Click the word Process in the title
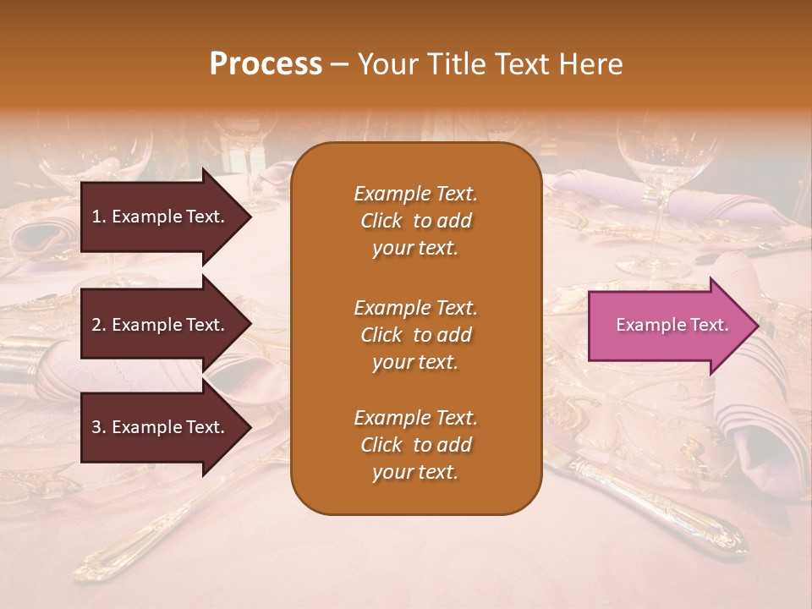pyautogui.click(x=266, y=64)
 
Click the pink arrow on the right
pyautogui.click(x=668, y=326)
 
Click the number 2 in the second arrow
pyautogui.click(x=96, y=325)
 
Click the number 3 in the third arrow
pyautogui.click(x=96, y=427)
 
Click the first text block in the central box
pyautogui.click(x=415, y=221)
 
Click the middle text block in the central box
pyautogui.click(x=415, y=335)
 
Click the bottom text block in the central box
pyautogui.click(x=415, y=445)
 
